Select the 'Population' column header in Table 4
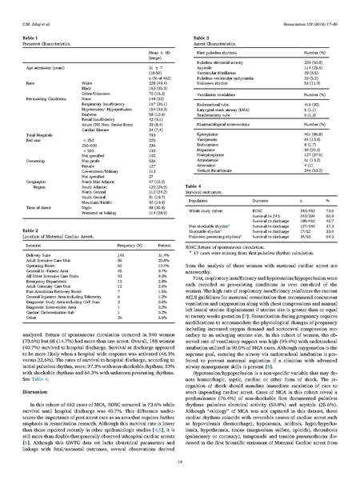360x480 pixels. pyautogui.click(x=206, y=202)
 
